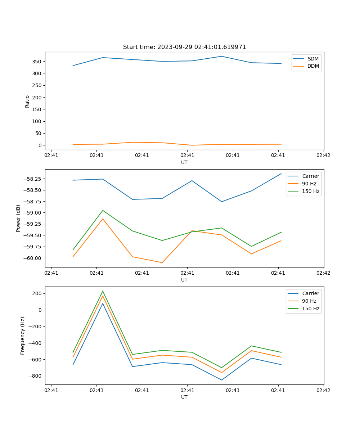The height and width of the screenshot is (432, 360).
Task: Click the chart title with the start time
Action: coord(184,47)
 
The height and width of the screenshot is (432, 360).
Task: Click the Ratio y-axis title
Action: coord(27,101)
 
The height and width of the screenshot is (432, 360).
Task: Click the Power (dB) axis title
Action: coord(18,218)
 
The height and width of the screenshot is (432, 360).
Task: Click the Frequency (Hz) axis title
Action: coord(23,336)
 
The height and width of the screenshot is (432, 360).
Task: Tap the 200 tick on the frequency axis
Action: coord(37,293)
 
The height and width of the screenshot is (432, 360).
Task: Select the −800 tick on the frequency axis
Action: coord(36,376)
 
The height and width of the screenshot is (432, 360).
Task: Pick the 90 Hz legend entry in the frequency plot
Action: coord(309,301)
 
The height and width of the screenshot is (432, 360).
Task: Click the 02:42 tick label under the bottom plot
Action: coord(323,390)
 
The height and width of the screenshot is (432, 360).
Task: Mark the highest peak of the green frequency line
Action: coord(103,291)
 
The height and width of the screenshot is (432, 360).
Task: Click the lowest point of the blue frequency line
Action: coord(221,380)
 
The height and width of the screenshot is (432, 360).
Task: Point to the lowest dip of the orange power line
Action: coord(162,262)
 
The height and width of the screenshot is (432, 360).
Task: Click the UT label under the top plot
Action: coord(184,162)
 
